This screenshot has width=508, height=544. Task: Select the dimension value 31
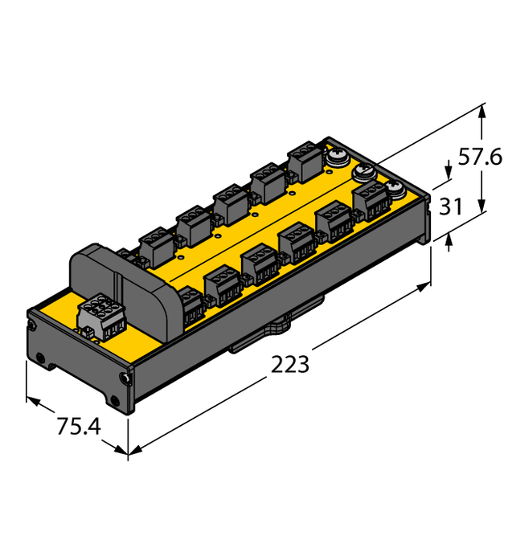(x=452, y=207)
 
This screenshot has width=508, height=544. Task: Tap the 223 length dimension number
(x=289, y=364)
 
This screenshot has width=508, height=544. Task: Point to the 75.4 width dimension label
(x=78, y=427)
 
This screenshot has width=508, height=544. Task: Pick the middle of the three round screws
(x=363, y=171)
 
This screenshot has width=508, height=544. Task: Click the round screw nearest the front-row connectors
(x=393, y=190)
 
